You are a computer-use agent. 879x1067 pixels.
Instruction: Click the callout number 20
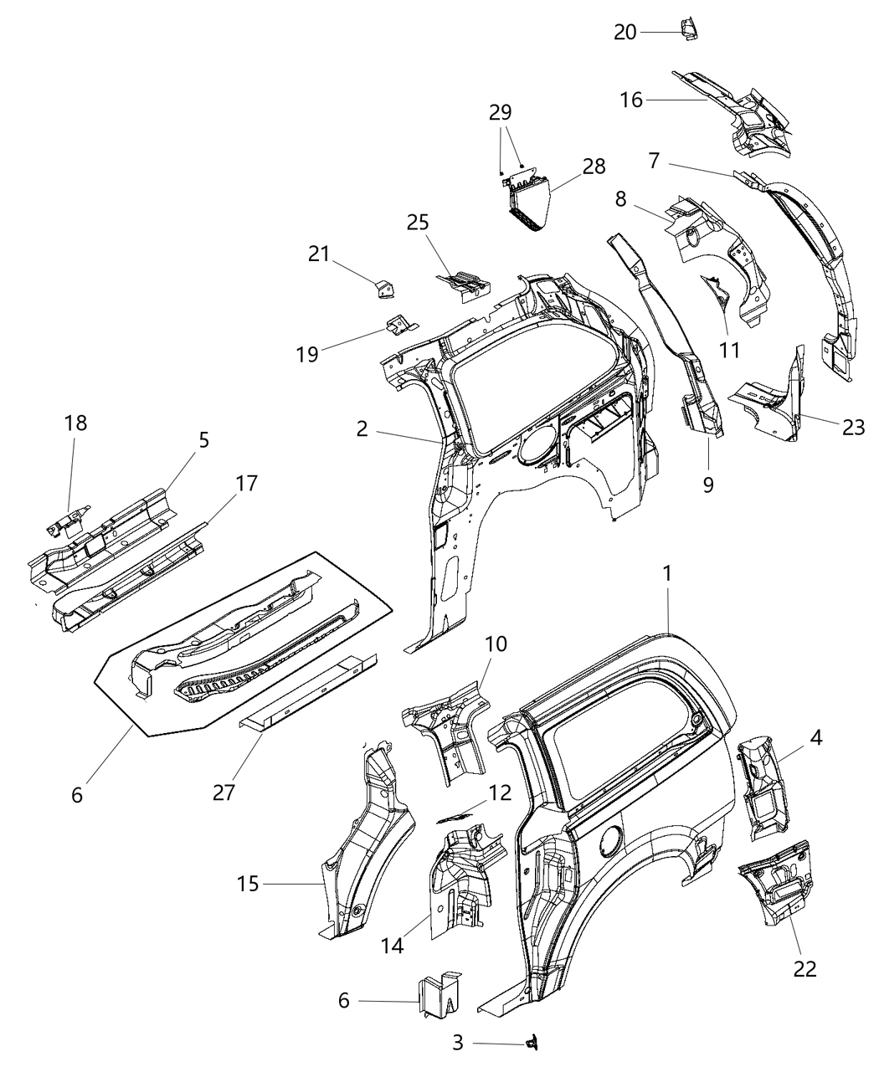pos(625,32)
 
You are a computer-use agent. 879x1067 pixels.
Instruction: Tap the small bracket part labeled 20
pos(689,29)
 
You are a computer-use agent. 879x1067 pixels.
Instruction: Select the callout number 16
pos(631,100)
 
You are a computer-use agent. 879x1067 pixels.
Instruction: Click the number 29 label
pos(501,113)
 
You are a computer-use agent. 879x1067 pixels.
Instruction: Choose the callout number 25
pos(418,222)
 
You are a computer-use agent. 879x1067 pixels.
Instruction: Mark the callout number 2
pos(362,429)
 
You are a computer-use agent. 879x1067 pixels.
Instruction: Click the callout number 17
pos(247,483)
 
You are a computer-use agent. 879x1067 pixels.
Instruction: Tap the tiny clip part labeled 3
pos(529,1042)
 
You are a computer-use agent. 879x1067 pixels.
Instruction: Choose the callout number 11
pos(730,350)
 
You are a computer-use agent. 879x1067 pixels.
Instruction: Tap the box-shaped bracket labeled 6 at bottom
pos(439,996)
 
